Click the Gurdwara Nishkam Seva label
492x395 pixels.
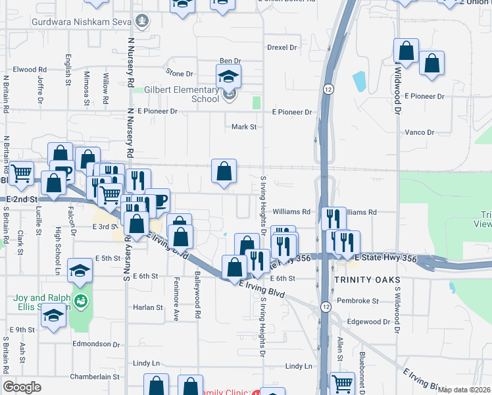click(81, 21)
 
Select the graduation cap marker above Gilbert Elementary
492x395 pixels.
click(229, 77)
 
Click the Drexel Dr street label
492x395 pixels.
click(282, 47)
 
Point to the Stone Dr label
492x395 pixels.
click(180, 74)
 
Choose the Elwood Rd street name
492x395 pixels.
click(29, 69)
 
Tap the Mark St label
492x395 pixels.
click(244, 126)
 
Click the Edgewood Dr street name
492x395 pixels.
click(369, 322)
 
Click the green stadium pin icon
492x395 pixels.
click(81, 302)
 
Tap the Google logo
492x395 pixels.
click(22, 387)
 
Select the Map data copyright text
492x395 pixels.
click(464, 390)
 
